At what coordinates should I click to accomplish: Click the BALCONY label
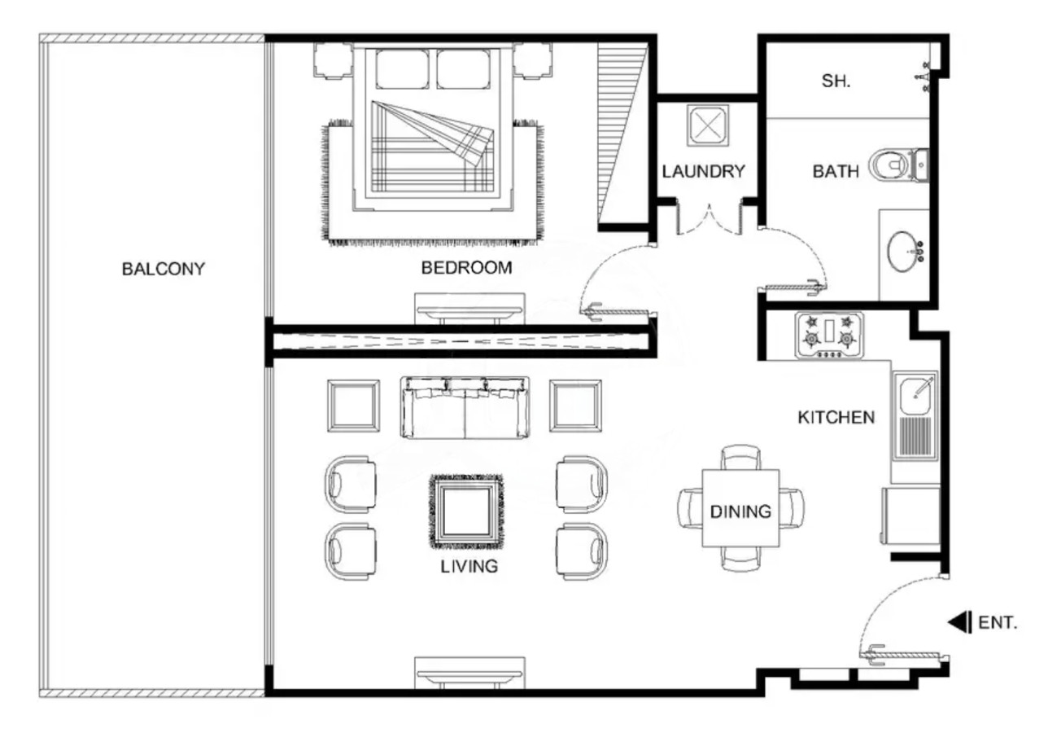pyautogui.click(x=164, y=269)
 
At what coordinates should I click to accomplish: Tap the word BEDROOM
pyautogui.click(x=466, y=267)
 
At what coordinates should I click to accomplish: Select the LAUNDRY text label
pyautogui.click(x=703, y=171)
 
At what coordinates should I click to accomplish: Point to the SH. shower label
pyautogui.click(x=836, y=81)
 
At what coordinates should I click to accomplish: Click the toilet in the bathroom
pyautogui.click(x=899, y=165)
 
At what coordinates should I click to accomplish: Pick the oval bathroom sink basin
pyautogui.click(x=902, y=252)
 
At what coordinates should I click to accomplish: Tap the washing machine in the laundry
pyautogui.click(x=708, y=125)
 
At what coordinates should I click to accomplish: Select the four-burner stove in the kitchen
pyautogui.click(x=829, y=335)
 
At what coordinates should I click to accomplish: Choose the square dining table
pyautogui.click(x=740, y=508)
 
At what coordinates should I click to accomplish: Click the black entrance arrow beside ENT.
pyautogui.click(x=959, y=622)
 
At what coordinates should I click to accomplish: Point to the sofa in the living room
pyautogui.click(x=465, y=407)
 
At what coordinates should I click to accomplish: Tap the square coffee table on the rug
pyautogui.click(x=466, y=511)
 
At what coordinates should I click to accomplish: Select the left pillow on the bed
pyautogui.click(x=402, y=69)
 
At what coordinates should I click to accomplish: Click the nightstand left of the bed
pyautogui.click(x=333, y=60)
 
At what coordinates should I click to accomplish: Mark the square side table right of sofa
pyautogui.click(x=575, y=406)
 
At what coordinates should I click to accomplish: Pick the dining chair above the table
pyautogui.click(x=740, y=458)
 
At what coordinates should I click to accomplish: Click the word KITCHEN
pyautogui.click(x=836, y=417)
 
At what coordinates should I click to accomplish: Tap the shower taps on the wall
pyautogui.click(x=924, y=77)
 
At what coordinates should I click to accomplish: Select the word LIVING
pyautogui.click(x=469, y=566)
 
